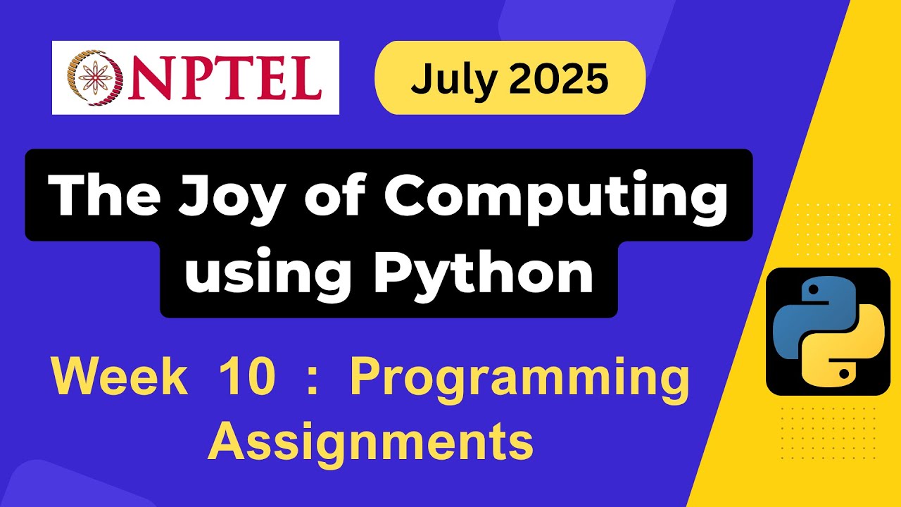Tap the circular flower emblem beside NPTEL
pyautogui.click(x=92, y=77)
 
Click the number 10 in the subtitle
pyautogui.click(x=246, y=378)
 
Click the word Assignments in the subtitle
pyautogui.click(x=370, y=442)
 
